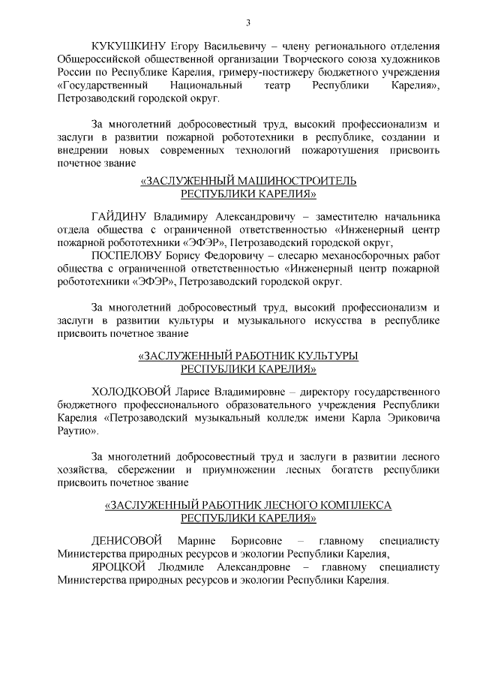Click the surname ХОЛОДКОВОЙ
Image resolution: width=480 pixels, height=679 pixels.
click(x=125, y=391)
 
